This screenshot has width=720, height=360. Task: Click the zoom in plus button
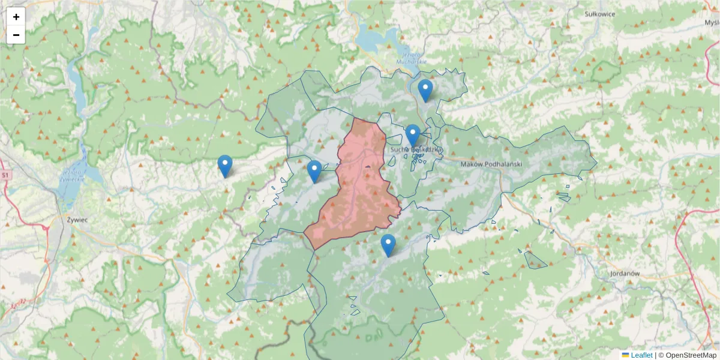[16, 17]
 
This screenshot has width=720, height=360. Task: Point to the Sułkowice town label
[599, 14]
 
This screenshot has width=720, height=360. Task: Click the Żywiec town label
[77, 220]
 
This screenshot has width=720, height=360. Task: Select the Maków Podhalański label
[491, 164]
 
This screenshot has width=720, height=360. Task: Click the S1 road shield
[5, 175]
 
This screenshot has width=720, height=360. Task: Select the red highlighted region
[360, 192]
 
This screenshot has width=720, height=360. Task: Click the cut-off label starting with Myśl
[712, 22]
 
